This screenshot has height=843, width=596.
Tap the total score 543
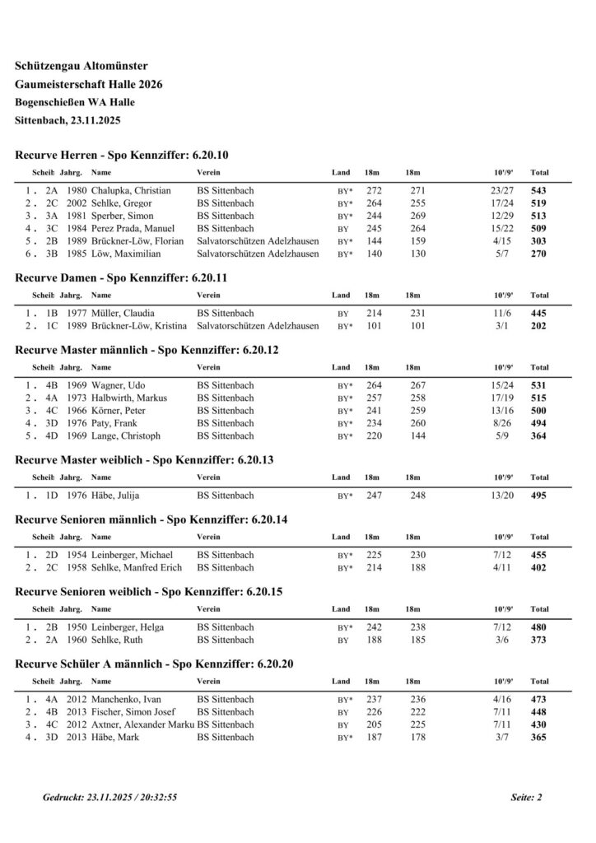point(539,190)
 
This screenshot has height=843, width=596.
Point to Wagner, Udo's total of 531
point(539,385)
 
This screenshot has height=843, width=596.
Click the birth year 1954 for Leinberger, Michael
point(77,556)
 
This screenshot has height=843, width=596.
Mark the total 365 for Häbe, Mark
point(539,738)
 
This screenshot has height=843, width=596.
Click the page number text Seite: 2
point(526,798)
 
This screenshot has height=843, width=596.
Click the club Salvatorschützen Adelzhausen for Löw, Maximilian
point(258,254)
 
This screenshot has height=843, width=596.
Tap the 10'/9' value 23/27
point(501,190)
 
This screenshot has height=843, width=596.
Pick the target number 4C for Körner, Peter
point(52,411)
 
